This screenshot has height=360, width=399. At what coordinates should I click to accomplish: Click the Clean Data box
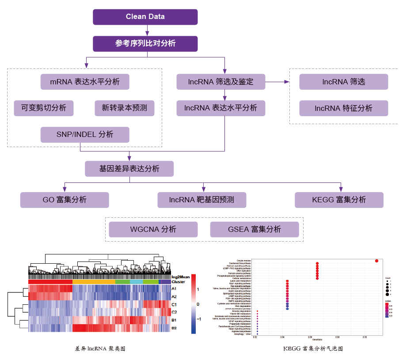coord(145,17)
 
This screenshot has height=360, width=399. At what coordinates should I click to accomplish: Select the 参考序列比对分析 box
coord(145,44)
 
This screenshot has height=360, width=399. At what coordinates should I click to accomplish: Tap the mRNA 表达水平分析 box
coord(85,82)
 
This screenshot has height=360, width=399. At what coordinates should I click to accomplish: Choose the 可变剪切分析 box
coord(43,108)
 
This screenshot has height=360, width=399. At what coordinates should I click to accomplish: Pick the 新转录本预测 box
coord(125,108)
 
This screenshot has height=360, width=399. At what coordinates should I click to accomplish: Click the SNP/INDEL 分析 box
coord(85,135)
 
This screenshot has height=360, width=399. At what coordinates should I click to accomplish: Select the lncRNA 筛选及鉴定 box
coord(220,82)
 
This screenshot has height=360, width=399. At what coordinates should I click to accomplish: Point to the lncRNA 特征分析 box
coord(343,108)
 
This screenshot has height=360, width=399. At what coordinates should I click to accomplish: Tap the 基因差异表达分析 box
coord(129,169)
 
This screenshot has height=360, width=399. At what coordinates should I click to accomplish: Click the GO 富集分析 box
coord(65,200)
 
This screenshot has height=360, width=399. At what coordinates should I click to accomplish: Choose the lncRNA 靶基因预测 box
coord(201,200)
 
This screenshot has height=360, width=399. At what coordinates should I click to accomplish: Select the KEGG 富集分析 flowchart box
coord(339,200)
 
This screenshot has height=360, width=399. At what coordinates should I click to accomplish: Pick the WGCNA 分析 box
coord(153,229)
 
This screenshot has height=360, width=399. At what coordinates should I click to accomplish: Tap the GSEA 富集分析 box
coord(255,229)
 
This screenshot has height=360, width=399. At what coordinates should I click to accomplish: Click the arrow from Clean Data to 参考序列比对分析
coord(145,30)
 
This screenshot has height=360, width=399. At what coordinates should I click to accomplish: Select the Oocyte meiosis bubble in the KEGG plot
coord(376,261)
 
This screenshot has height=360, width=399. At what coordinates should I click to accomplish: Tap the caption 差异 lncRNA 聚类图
coord(100,349)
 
